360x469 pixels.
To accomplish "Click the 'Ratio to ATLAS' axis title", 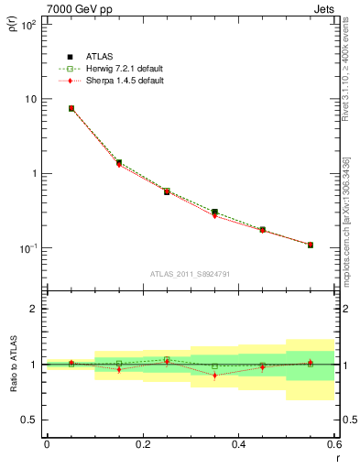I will pyautogui.click(x=12, y=365).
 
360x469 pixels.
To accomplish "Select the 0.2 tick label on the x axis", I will pyautogui.click(x=143, y=444).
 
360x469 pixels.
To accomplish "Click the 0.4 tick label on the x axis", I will pyautogui.click(x=239, y=444).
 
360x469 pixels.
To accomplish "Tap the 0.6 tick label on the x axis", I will pyautogui.click(x=333, y=444).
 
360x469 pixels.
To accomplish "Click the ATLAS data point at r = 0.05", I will pyautogui.click(x=71, y=108).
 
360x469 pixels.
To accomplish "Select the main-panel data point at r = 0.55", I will pyautogui.click(x=311, y=245).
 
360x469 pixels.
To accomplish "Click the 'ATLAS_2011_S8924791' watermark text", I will pyautogui.click(x=190, y=273).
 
